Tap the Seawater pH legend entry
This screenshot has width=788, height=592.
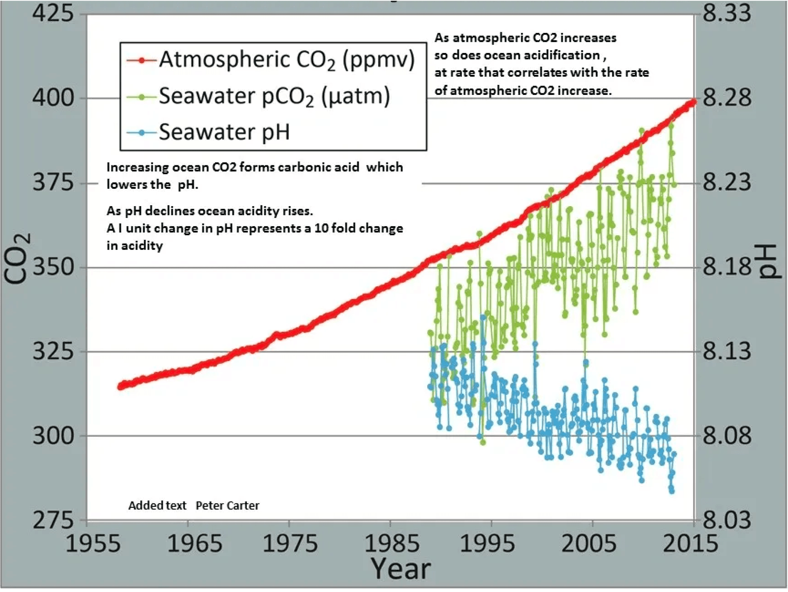point(224,132)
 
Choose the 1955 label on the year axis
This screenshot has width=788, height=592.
point(93,544)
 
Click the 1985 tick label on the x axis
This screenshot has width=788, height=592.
point(392,544)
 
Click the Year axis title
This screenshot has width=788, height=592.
point(401,569)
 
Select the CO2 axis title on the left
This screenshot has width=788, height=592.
point(16,259)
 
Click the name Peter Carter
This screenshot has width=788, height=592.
point(227,505)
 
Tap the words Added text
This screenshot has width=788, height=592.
point(157,505)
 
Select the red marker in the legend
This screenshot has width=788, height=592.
point(141,61)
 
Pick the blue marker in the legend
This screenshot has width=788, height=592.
point(141,133)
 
